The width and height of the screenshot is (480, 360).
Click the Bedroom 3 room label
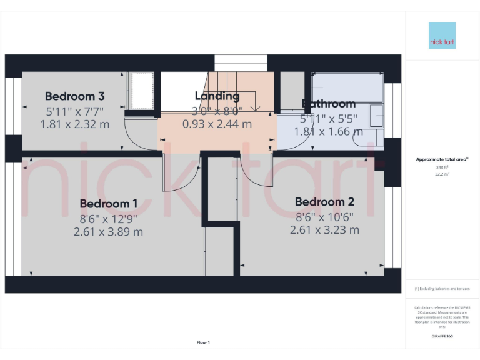pos(74,96)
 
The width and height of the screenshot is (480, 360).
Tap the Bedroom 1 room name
pos(108,204)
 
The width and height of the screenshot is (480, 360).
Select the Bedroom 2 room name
pos(324,202)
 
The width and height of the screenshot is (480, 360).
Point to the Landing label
pos(217,96)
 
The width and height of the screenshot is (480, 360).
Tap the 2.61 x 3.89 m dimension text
pos(108,232)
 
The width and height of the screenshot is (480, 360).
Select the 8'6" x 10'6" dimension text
pos(324,217)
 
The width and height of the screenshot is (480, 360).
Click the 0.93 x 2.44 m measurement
pos(217,124)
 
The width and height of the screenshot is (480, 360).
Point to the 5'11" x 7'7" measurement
pos(74,111)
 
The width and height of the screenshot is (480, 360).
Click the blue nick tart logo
pos(442,36)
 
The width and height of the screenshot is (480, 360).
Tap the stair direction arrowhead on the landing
pos(255,109)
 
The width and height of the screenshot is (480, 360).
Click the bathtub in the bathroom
pos(347,87)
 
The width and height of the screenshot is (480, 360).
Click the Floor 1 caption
pos(203,342)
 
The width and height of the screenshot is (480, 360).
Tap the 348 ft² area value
pos(442,167)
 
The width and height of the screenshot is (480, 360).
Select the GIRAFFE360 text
pos(442,337)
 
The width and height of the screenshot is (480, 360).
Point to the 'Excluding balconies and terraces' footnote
pos(442,289)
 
